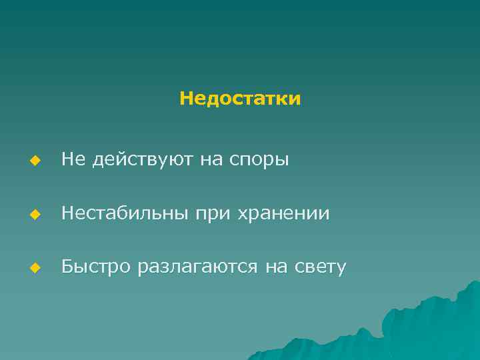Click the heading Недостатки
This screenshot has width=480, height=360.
[x=240, y=99]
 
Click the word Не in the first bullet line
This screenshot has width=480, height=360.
[x=72, y=159]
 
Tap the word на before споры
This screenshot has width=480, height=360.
[x=212, y=160]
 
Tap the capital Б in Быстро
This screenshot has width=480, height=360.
[x=67, y=267]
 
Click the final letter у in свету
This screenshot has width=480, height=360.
[x=341, y=269]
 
